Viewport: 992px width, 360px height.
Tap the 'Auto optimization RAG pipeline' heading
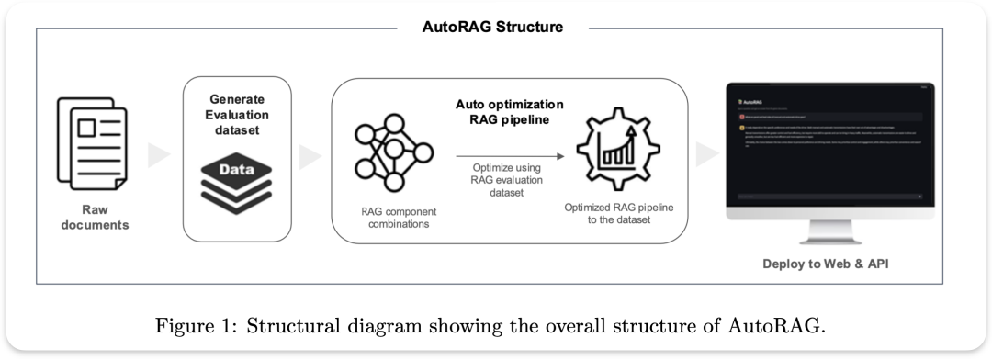click(x=510, y=112)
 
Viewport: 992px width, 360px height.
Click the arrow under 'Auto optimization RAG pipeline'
click(x=509, y=157)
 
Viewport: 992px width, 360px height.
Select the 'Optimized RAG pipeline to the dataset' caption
click(x=619, y=214)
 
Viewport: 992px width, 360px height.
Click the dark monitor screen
click(x=829, y=147)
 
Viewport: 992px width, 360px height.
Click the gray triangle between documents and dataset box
click(x=159, y=155)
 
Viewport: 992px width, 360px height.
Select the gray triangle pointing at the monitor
click(x=706, y=155)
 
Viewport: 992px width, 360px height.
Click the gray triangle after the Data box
click(x=312, y=155)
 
